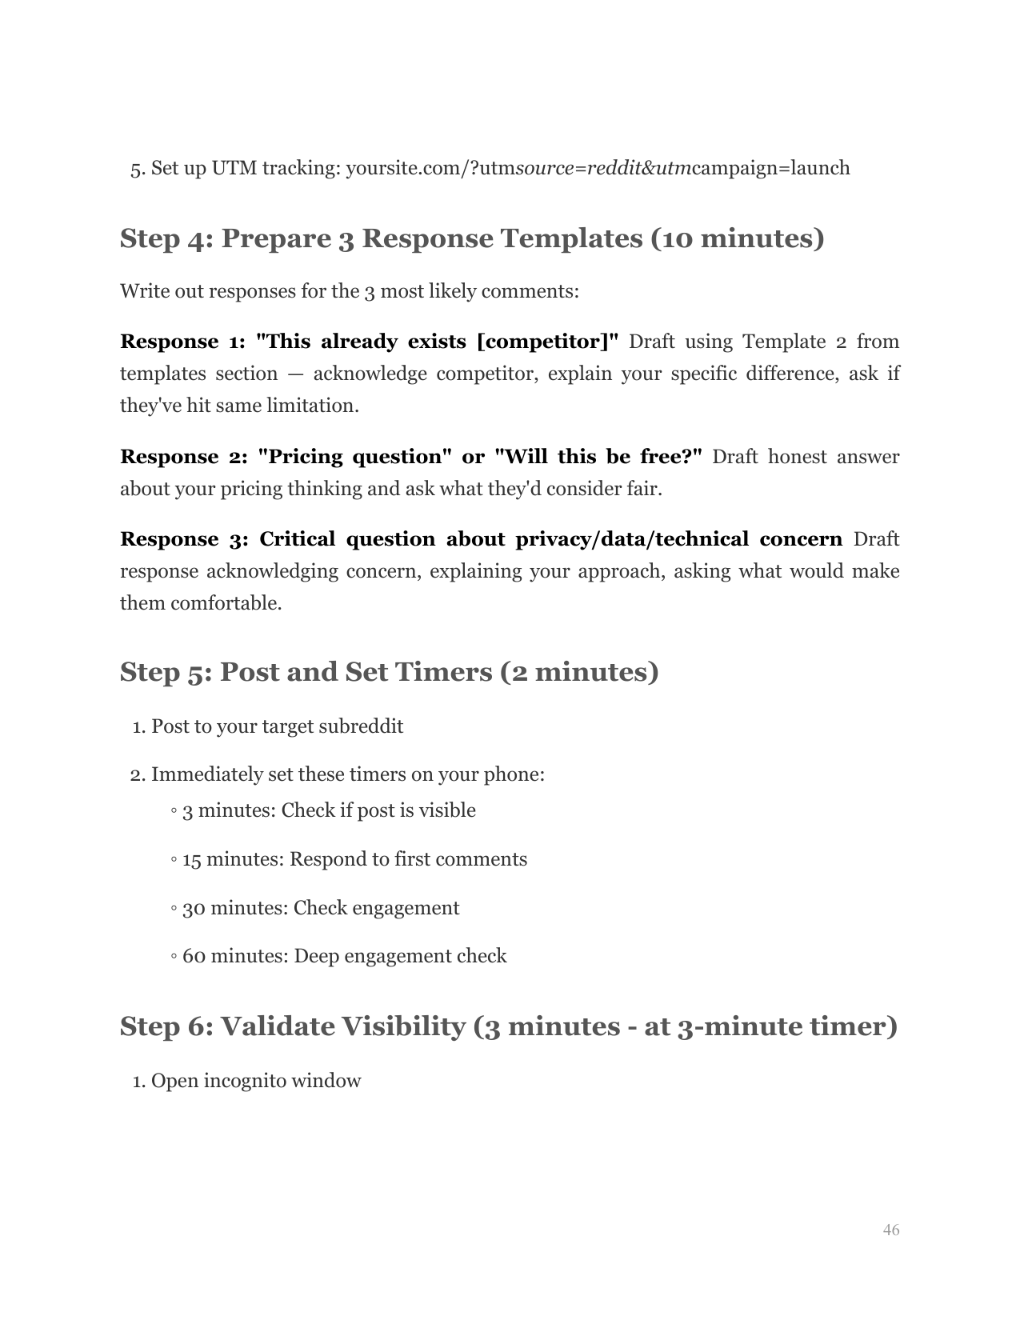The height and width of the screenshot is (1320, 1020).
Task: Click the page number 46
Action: coord(890,1230)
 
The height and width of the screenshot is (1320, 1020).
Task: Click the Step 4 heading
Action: coord(471,238)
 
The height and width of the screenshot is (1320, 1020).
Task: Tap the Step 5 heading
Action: coord(389,672)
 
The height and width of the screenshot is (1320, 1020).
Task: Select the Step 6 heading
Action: coord(508,1026)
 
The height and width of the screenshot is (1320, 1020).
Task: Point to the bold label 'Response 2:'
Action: coord(183,457)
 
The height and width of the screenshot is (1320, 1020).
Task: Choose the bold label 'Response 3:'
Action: coord(183,539)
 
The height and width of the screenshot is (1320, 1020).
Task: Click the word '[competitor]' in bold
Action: coord(547,342)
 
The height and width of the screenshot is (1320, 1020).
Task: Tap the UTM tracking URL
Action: coord(598,169)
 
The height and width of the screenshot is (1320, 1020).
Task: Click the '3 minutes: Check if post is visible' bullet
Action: coord(329,810)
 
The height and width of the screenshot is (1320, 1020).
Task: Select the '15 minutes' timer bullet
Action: coord(354,859)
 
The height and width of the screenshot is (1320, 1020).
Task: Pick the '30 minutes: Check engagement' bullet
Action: coord(321,908)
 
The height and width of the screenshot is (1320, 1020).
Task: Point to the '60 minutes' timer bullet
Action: coord(344,956)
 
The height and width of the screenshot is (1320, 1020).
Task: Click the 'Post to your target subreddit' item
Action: coord(277,726)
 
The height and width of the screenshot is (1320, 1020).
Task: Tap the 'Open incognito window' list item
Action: coord(256,1081)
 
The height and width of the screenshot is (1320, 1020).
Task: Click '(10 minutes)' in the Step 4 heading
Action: coord(737,238)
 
